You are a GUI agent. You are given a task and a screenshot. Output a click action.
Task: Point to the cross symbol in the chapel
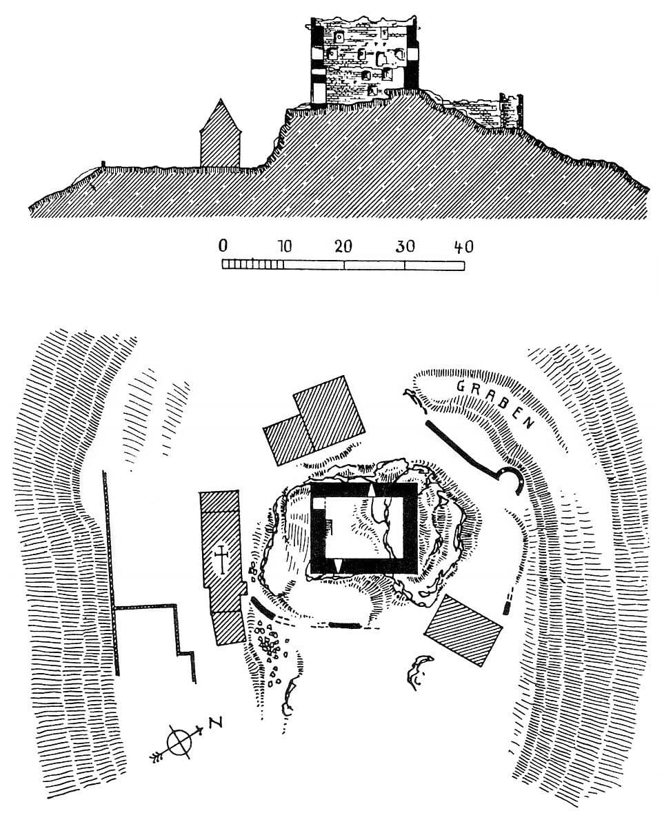(221, 559)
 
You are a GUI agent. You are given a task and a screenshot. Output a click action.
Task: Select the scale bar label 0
(223, 246)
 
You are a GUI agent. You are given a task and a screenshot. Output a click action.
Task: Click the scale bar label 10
(285, 246)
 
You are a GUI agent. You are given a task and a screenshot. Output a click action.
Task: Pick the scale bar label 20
(343, 246)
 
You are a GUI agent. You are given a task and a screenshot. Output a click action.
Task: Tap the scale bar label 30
(405, 246)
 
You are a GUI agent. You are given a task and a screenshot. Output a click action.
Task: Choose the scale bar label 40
(464, 246)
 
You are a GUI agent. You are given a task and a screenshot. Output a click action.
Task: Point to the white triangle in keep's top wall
(371, 490)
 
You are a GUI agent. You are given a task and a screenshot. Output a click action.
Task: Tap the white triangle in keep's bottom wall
(338, 566)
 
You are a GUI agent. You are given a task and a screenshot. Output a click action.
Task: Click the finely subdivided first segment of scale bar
(252, 265)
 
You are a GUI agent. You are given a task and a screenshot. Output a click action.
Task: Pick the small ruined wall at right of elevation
(510, 111)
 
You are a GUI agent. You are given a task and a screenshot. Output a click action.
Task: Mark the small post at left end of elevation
(103, 164)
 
